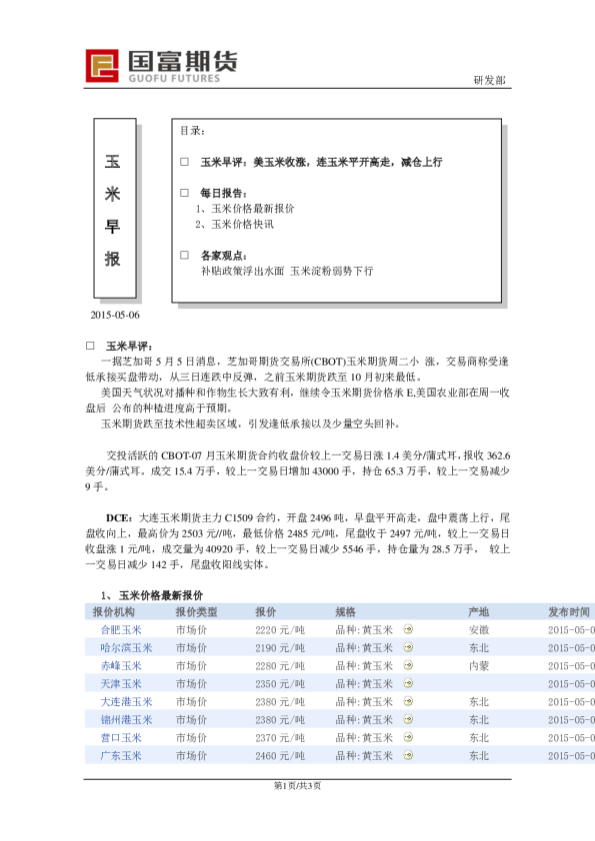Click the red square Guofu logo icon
[101, 66]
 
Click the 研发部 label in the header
[489, 80]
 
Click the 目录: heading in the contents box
[193, 131]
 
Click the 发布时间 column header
[569, 611]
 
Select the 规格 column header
[345, 611]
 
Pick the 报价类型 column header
[196, 611]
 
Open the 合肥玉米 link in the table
[121, 630]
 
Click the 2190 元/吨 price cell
[279, 648]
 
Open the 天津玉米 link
[121, 684]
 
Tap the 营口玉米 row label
[121, 738]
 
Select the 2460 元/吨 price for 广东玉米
[279, 756]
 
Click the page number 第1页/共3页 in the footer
[297, 786]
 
